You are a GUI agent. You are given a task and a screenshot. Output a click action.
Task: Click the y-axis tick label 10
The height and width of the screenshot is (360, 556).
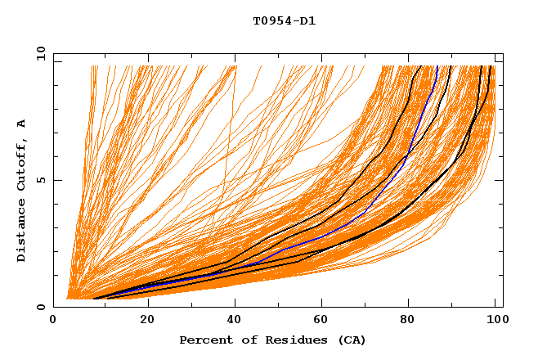click(40, 53)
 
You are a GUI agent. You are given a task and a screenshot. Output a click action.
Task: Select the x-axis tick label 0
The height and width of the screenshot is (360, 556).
click(53, 321)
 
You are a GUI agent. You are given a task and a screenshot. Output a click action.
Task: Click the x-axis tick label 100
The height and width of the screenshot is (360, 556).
click(493, 321)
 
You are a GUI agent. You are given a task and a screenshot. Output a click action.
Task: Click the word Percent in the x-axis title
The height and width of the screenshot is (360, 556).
click(204, 340)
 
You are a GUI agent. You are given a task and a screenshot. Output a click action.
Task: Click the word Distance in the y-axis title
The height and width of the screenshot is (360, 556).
click(21, 232)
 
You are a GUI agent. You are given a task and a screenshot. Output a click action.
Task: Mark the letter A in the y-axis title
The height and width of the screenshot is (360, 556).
click(21, 124)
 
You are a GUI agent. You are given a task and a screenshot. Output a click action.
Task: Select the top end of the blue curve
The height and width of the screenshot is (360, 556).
click(437, 66)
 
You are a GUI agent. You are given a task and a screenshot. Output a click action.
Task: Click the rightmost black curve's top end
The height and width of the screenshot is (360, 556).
click(489, 66)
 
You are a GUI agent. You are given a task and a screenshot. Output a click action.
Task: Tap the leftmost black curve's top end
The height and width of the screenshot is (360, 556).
click(420, 66)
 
